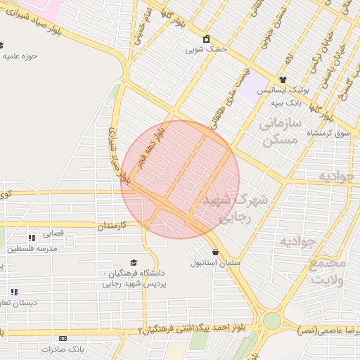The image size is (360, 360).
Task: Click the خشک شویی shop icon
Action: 206,39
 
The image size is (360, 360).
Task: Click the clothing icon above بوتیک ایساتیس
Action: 283,80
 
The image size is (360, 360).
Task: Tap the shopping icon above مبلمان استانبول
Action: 214,252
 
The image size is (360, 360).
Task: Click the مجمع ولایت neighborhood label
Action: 328,271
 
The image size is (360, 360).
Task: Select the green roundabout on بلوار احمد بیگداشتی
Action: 272,321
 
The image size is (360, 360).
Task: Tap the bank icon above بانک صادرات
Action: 63,338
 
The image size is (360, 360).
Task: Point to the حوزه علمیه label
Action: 20,55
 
